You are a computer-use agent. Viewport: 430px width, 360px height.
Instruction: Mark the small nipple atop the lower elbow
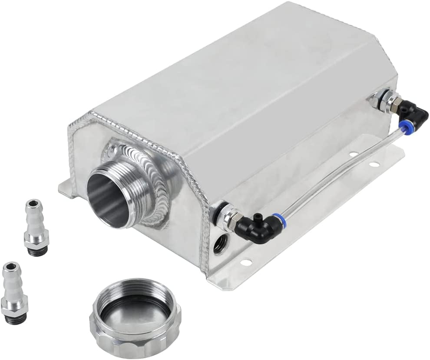[x=257, y=215]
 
